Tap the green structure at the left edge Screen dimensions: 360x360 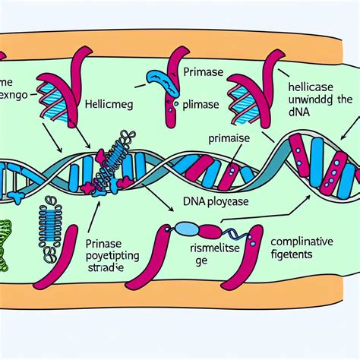(8, 244)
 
